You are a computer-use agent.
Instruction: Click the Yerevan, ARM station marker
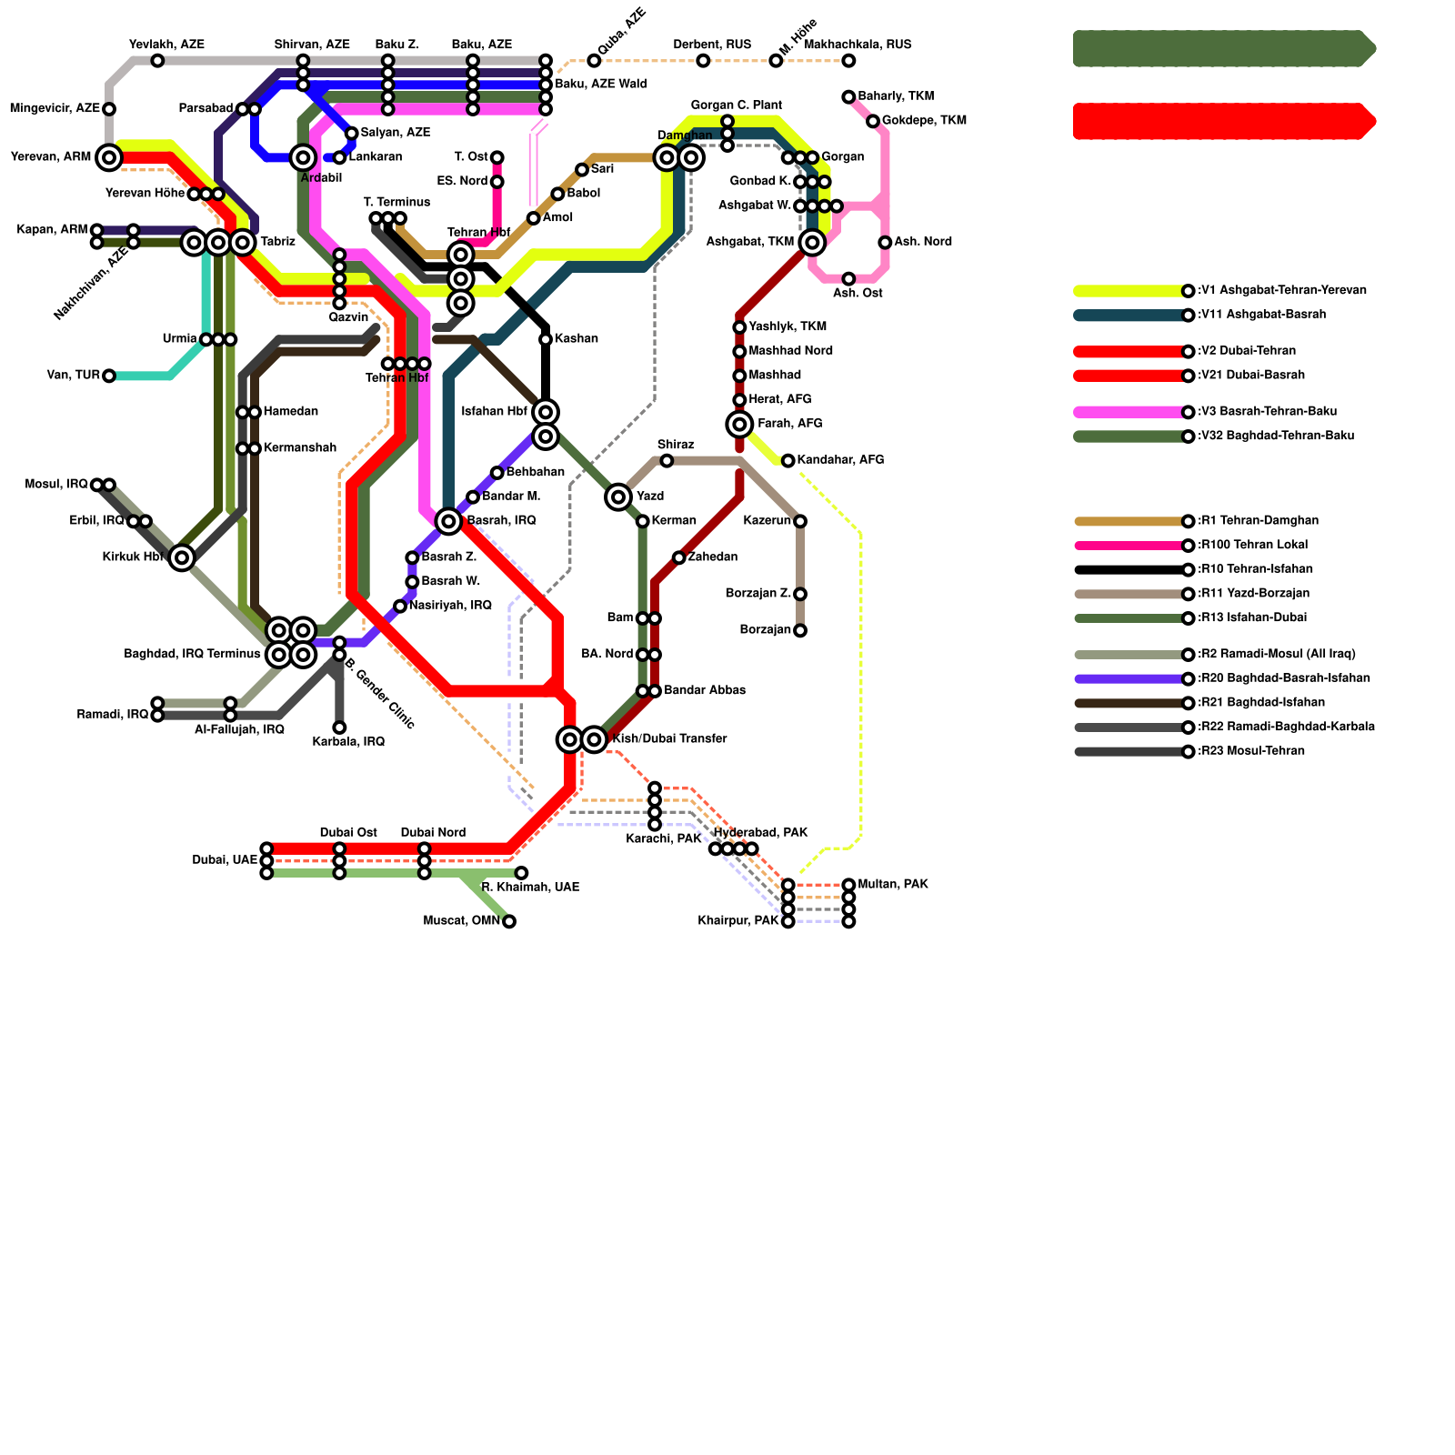point(109,157)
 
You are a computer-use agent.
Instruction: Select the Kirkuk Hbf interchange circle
point(182,557)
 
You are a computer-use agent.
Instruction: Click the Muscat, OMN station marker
point(509,921)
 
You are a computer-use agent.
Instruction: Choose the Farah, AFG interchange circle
point(740,424)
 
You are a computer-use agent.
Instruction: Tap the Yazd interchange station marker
point(618,497)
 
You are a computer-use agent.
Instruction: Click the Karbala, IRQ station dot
point(339,727)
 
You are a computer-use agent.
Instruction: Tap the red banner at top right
point(1223,121)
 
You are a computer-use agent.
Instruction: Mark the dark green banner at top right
point(1223,48)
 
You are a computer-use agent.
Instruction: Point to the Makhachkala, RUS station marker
point(848,61)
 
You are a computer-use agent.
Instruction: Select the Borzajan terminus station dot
point(800,630)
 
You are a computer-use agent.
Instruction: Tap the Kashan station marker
point(546,339)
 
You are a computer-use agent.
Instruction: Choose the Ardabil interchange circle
point(303,157)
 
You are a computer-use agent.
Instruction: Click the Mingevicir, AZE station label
point(55,109)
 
